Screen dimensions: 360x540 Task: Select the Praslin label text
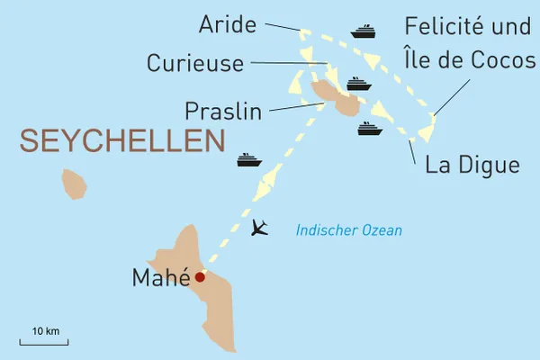(x=222, y=112)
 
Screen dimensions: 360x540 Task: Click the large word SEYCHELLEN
(x=121, y=142)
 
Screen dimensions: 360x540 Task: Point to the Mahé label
(x=161, y=278)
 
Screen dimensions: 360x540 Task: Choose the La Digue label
(x=472, y=166)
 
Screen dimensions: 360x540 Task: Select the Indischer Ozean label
(x=349, y=231)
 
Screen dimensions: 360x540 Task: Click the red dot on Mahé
(x=200, y=277)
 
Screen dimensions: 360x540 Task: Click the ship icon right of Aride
(x=363, y=32)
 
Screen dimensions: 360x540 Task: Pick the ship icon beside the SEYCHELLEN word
(x=248, y=160)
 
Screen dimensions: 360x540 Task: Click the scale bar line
(x=44, y=343)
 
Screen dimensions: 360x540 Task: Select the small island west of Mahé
(x=74, y=184)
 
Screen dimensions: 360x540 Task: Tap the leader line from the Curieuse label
(x=288, y=62)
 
